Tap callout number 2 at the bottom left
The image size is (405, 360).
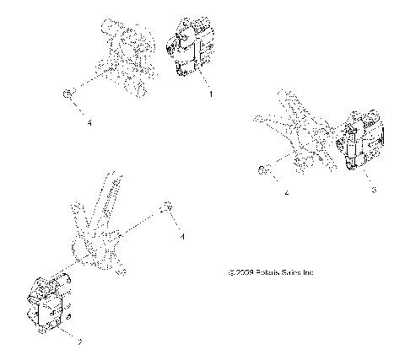click(x=56, y=342)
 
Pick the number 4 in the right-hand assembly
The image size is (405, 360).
click(x=288, y=193)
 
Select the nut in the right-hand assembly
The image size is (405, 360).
click(x=264, y=171)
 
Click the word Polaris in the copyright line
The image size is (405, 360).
click(x=267, y=272)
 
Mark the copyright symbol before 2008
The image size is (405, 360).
click(x=230, y=272)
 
